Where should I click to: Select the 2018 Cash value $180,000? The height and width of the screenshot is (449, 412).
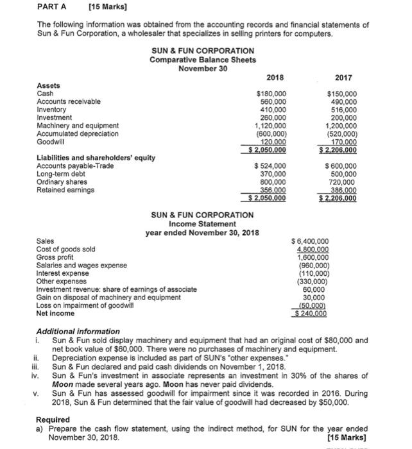[x=271, y=94]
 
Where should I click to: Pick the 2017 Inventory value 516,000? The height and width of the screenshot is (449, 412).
[x=344, y=110]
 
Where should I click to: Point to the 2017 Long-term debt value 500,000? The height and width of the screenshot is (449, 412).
[x=344, y=174]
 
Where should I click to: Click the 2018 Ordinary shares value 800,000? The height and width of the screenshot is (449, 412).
[x=273, y=182]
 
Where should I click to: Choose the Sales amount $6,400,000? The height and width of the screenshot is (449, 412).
[x=310, y=241]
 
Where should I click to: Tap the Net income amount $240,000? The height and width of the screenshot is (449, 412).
[x=310, y=314]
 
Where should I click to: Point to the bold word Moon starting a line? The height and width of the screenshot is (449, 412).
[x=62, y=383]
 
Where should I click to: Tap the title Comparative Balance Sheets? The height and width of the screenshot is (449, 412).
[x=203, y=60]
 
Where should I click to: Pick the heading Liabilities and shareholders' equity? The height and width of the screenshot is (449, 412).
[x=95, y=158]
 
